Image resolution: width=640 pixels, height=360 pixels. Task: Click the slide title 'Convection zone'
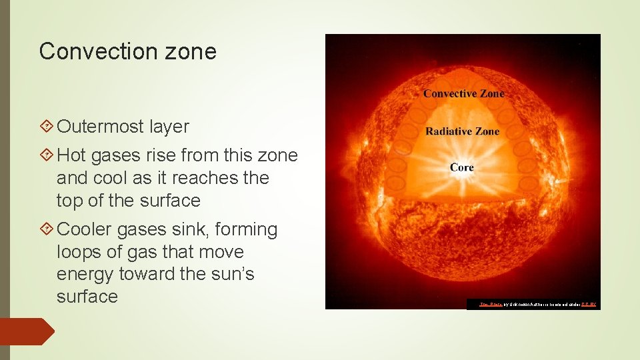pos(127,51)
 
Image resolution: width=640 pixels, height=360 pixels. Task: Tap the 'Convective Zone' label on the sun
pos(463,93)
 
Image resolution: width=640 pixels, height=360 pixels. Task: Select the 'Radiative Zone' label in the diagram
pos(462,131)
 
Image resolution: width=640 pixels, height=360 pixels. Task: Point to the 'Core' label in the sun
pos(461,167)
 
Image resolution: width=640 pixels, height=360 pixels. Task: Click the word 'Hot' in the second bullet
pos(71,156)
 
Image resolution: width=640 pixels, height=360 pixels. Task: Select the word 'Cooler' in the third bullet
pos(85,230)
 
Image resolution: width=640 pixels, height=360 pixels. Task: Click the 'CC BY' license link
pos(588,305)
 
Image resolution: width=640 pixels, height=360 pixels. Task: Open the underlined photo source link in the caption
pos(491,305)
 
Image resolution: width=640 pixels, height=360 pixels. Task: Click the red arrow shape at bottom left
pos(27,331)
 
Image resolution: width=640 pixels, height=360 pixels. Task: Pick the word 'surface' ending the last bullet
pos(87,297)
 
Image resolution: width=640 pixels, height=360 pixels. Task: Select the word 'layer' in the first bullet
pos(169,127)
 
